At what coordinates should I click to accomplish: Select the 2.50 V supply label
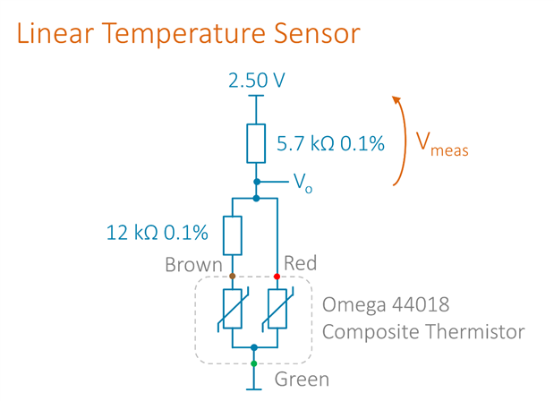[x=257, y=81]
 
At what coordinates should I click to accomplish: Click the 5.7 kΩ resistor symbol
[x=257, y=143]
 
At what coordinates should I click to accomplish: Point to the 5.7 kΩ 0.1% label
[x=330, y=143]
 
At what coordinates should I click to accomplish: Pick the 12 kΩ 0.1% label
[x=158, y=233]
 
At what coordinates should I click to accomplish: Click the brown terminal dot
[x=232, y=277]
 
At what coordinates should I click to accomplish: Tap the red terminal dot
[x=277, y=277]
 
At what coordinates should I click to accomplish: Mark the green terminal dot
[x=254, y=363]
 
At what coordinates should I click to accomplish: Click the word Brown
[x=192, y=265]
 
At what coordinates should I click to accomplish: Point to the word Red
[x=299, y=263]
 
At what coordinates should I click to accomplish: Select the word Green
[x=301, y=379]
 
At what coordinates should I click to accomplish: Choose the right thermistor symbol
[x=277, y=310]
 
